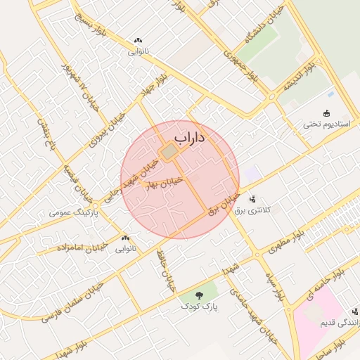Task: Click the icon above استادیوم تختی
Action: click(326, 112)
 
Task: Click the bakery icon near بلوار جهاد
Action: click(137, 41)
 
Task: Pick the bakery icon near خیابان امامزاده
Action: click(126, 238)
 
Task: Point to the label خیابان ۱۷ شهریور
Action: click(78, 86)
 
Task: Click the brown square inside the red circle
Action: click(169, 152)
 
